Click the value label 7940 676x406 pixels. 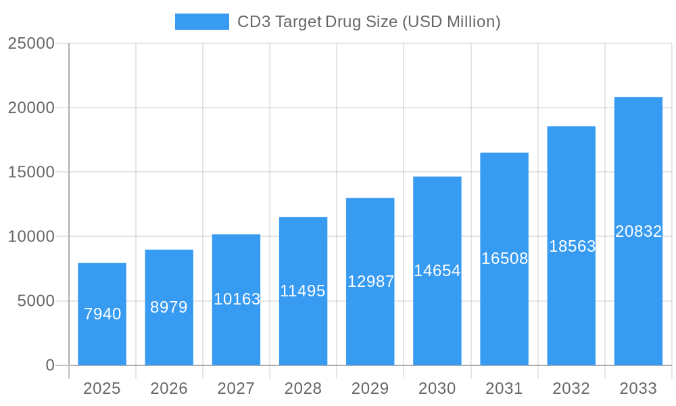click(102, 314)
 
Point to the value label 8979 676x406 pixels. click(169, 307)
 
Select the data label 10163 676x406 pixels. click(237, 299)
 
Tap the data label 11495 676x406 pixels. click(303, 291)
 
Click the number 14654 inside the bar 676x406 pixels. click(437, 271)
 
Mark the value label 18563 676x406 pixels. click(571, 246)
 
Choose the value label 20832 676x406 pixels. click(638, 231)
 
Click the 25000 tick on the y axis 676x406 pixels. click(31, 43)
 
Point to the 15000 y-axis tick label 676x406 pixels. click(31, 173)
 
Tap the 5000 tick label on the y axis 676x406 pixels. click(36, 301)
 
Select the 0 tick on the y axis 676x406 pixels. click(50, 365)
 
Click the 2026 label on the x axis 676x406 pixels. click(169, 388)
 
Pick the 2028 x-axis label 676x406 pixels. click(303, 388)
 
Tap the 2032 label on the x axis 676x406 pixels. click(571, 388)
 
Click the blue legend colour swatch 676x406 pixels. click(201, 22)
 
